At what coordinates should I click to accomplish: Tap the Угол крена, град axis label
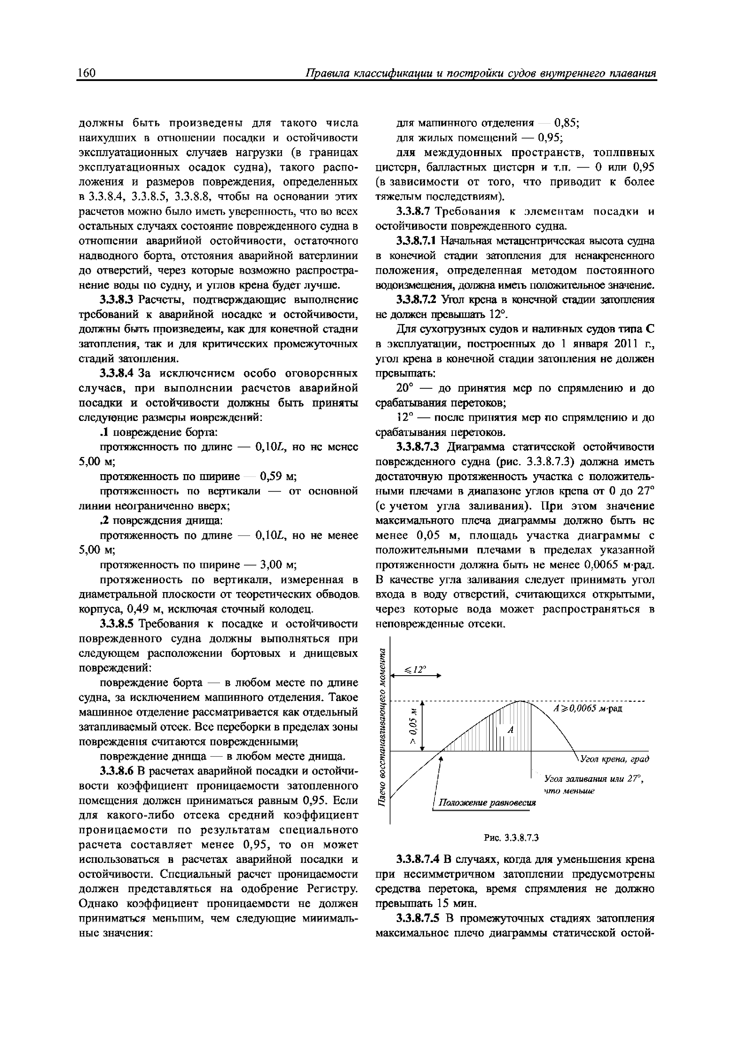[615, 759]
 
